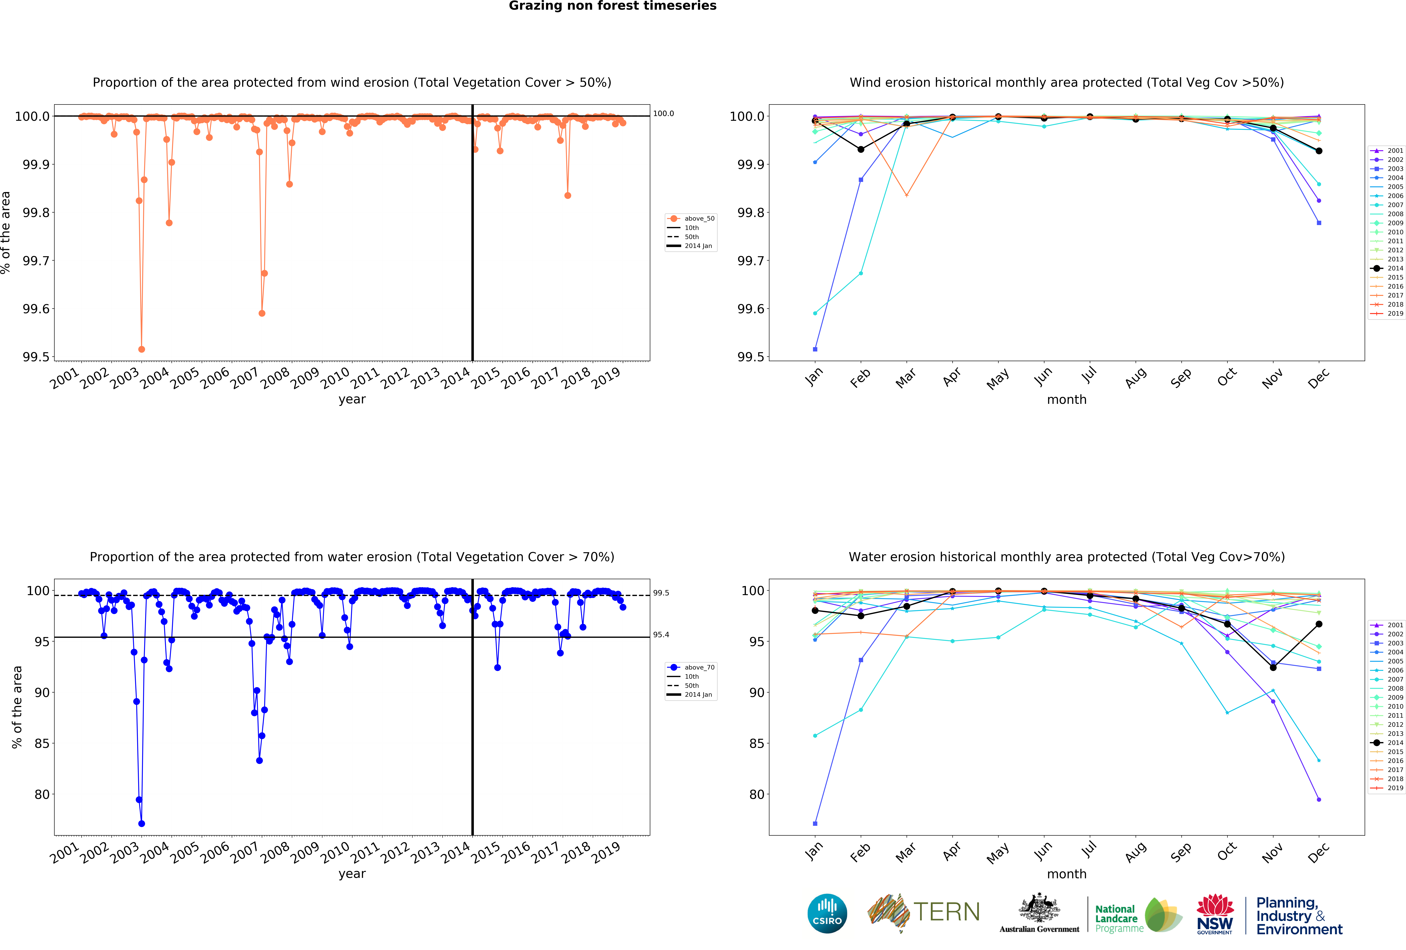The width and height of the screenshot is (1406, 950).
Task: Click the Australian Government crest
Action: tap(1039, 908)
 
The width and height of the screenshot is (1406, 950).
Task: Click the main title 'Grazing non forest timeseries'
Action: tap(612, 6)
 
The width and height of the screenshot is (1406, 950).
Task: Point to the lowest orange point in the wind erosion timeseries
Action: tap(142, 349)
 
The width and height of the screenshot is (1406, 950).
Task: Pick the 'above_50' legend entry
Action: tap(699, 218)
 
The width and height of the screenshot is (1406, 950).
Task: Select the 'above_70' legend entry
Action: tap(699, 667)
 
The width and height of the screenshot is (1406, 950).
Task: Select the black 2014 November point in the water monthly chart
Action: tap(1273, 667)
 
